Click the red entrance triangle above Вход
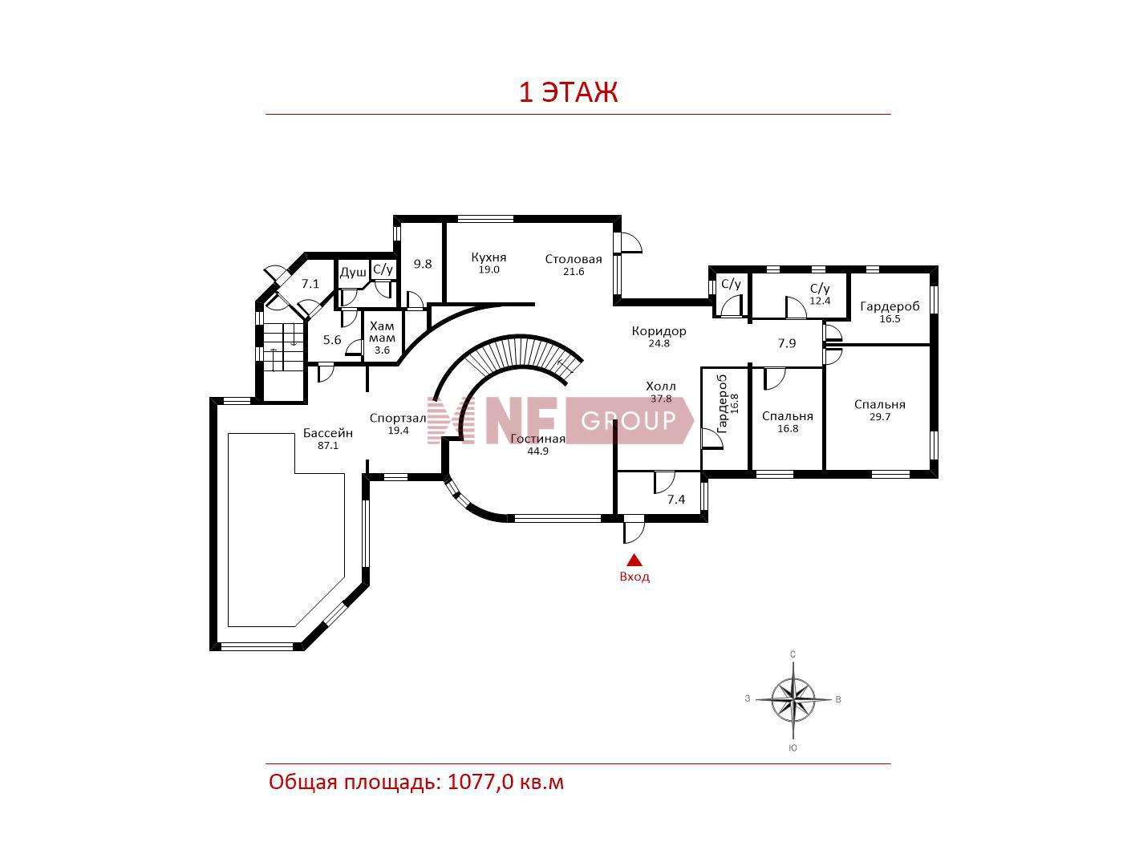pyautogui.click(x=634, y=561)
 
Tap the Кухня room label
pyautogui.click(x=489, y=257)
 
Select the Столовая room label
pyautogui.click(x=573, y=259)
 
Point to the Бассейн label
pyautogui.click(x=328, y=433)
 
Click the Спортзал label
pyautogui.click(x=398, y=418)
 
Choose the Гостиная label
pyautogui.click(x=537, y=439)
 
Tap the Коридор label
pyautogui.click(x=659, y=331)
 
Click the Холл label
pyautogui.click(x=660, y=386)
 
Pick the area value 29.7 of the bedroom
pyautogui.click(x=879, y=417)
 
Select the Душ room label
pyautogui.click(x=353, y=272)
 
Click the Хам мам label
pyautogui.click(x=382, y=332)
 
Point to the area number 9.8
pyautogui.click(x=423, y=264)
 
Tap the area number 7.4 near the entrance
pyautogui.click(x=676, y=499)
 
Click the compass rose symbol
pyautogui.click(x=793, y=698)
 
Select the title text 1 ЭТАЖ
pyautogui.click(x=569, y=92)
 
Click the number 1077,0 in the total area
pyautogui.click(x=480, y=782)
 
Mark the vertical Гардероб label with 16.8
pyautogui.click(x=728, y=404)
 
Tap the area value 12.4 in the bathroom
pyautogui.click(x=820, y=302)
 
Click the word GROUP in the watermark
pyautogui.click(x=629, y=420)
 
